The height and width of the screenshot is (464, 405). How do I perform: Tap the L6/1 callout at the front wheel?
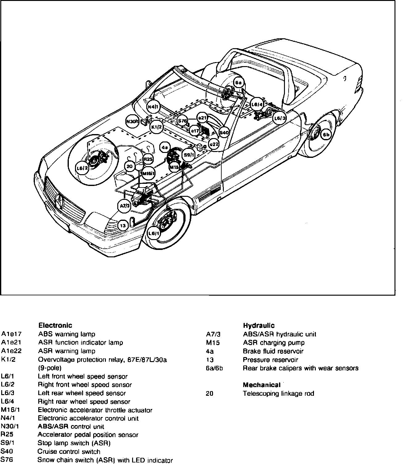[x=154, y=233]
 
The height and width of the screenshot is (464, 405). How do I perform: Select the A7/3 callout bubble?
[x=124, y=206]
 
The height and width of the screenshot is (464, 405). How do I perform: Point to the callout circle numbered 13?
[x=123, y=226]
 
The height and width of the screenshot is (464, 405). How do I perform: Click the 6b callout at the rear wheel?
[x=326, y=135]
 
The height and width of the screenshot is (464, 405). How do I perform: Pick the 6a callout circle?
[x=239, y=83]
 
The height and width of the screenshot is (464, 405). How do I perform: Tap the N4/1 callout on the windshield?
[x=153, y=107]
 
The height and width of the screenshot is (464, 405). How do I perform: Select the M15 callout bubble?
[x=174, y=167]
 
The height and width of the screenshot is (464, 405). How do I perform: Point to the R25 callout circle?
[x=148, y=159]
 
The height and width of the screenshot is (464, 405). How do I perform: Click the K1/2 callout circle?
[x=157, y=127]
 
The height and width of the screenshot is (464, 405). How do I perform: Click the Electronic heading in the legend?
[x=55, y=325]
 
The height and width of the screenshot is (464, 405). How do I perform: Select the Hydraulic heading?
[x=258, y=325]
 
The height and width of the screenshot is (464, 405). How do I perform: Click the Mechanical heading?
[x=261, y=385]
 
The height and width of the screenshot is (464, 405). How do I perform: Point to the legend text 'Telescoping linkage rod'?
[x=278, y=394]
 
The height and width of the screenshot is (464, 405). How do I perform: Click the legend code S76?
[x=7, y=460]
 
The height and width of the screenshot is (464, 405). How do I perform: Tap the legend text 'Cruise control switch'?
[x=69, y=452]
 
